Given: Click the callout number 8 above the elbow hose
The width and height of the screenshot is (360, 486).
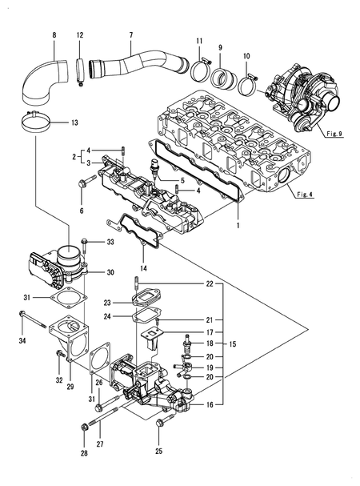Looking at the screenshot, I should coord(54,36).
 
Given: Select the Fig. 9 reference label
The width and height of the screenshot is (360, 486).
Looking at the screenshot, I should coord(334,135).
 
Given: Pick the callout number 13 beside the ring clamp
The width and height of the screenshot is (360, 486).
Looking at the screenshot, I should coord(74,123).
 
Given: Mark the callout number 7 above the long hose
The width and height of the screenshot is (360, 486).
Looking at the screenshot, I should coord(130,36).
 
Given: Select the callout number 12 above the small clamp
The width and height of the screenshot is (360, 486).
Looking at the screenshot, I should coord(79,36).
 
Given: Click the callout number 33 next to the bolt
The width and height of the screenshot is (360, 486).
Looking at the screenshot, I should coord(110,241).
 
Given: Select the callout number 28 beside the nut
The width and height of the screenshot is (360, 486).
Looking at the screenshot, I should coord(84,454).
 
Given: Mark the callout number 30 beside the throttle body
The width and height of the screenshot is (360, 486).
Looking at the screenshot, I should coord(111,272).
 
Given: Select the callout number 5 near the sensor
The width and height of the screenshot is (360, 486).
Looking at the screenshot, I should coord(182,180).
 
